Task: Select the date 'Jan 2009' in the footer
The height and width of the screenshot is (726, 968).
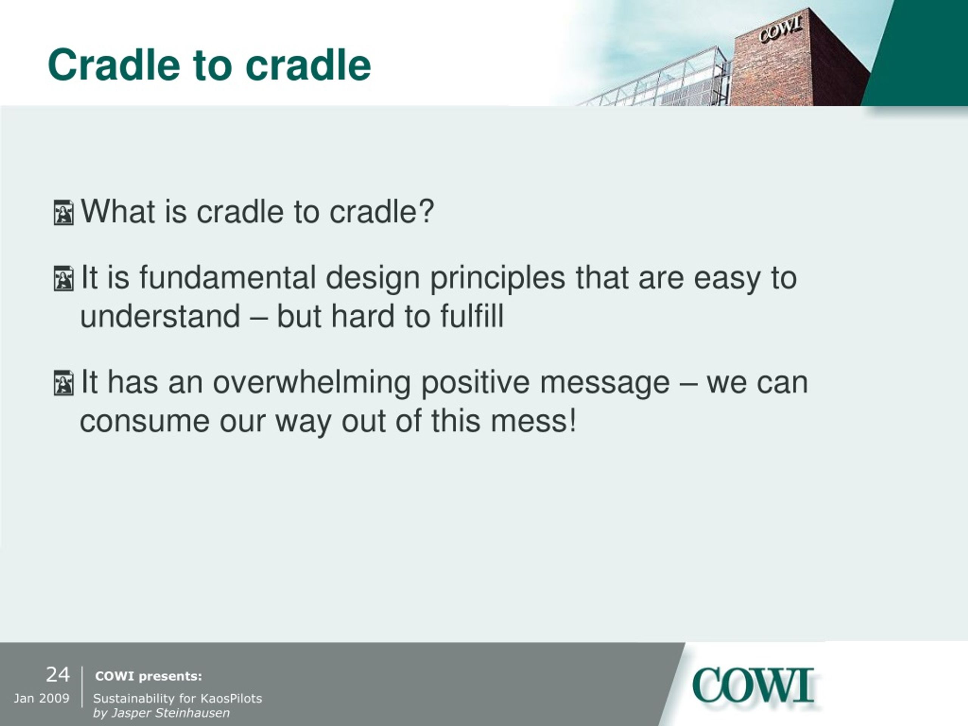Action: pyautogui.click(x=42, y=698)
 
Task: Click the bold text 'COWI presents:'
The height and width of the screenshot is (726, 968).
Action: pyautogui.click(x=149, y=676)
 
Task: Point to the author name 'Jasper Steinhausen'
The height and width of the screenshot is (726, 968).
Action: pyautogui.click(x=171, y=713)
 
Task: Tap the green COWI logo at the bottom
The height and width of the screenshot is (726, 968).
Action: pyautogui.click(x=753, y=686)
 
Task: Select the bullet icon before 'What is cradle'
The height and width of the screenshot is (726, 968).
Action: pyautogui.click(x=64, y=213)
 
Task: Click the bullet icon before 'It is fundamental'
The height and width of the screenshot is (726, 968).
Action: pyautogui.click(x=64, y=278)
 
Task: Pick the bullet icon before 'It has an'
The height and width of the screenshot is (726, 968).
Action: pyautogui.click(x=64, y=383)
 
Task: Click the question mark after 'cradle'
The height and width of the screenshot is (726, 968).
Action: pyautogui.click(x=426, y=211)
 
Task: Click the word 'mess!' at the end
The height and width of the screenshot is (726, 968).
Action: pyautogui.click(x=534, y=420)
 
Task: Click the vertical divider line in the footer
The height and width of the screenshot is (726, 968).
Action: pyautogui.click(x=82, y=687)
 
